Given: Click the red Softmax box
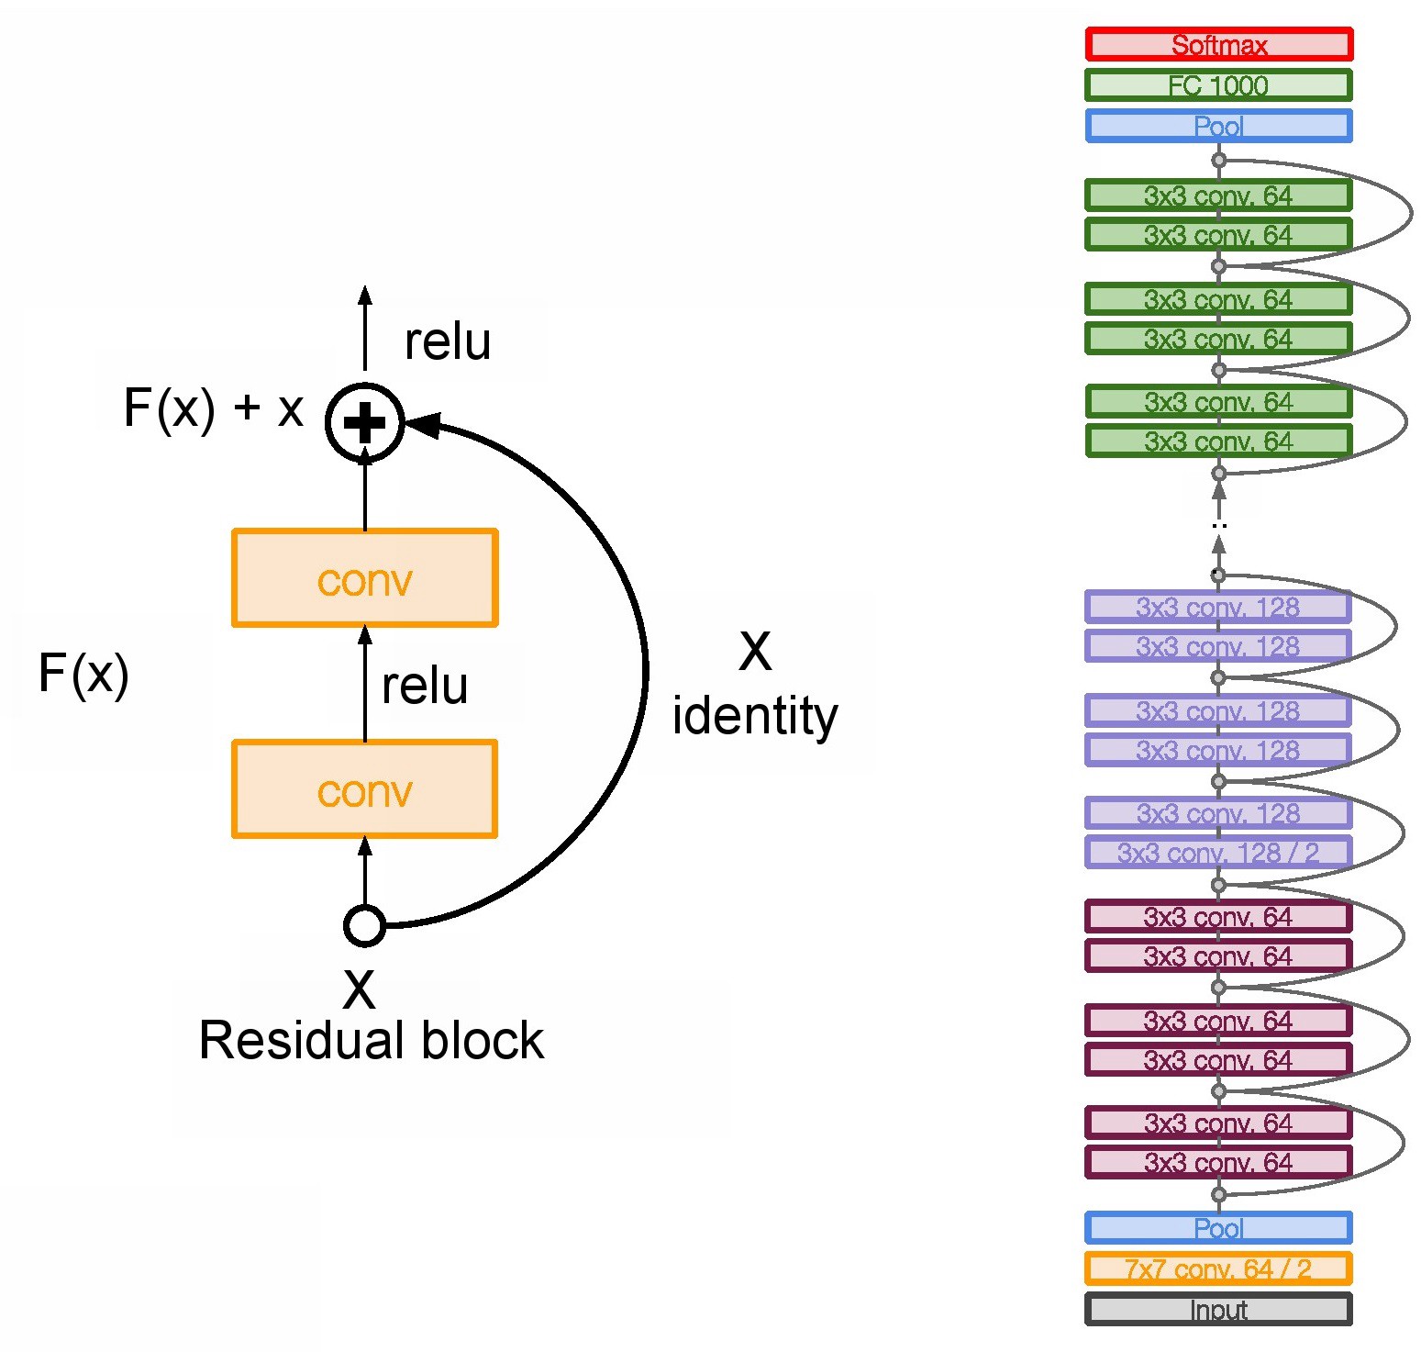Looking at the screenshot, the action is pos(1218,44).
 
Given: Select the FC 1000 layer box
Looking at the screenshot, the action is pos(1218,84).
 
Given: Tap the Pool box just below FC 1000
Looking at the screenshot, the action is pos(1218,126).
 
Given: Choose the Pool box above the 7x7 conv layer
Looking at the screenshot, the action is pos(1218,1227).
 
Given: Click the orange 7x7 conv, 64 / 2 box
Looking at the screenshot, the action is pos(1218,1268).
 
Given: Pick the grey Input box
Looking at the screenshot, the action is pos(1218,1309).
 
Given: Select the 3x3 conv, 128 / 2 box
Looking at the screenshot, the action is pos(1218,852).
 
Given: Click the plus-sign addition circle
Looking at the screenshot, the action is pos(365,422).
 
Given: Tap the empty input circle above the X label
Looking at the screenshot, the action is pos(364,925).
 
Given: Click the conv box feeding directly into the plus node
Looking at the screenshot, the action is pos(365,578).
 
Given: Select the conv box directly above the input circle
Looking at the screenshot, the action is pos(365,789).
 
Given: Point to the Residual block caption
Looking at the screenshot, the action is pos(372,1041).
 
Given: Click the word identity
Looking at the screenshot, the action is pos(755,717).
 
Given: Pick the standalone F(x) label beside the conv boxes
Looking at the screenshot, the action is pos(83,674).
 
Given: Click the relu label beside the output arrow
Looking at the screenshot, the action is pos(448,341).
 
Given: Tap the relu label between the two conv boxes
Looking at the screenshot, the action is pos(425,686).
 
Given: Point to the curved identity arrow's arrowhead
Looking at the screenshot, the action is pos(422,424).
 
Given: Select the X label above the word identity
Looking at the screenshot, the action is pos(755,652).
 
